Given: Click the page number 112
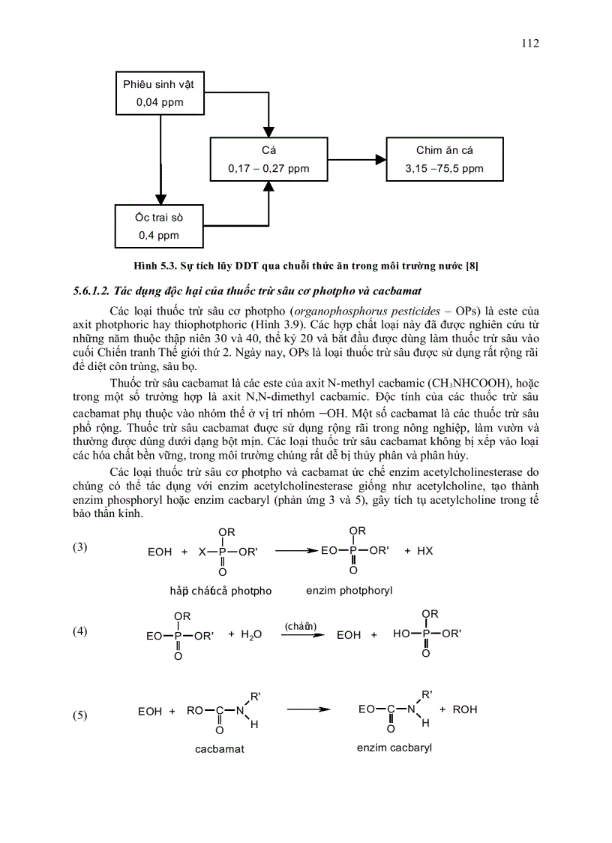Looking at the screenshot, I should point(529,44).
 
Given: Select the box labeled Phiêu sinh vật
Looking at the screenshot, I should point(159,94).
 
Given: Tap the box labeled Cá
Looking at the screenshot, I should point(268,160).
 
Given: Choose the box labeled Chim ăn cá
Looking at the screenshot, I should point(444,160).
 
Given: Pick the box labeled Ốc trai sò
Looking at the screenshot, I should point(159,226).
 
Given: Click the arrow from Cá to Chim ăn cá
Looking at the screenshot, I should point(356,160).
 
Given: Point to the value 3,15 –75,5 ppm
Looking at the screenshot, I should point(444,169).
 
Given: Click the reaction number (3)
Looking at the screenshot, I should point(80,547).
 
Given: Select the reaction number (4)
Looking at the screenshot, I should point(80,631).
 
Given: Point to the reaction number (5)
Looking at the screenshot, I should point(80,715).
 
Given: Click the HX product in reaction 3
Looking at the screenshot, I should point(424,551).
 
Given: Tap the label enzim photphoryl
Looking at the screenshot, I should point(349,591).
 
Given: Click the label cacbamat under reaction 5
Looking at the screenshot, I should point(219,749).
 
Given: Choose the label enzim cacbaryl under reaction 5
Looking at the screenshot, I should point(394,748).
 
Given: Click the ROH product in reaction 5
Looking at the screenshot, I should point(465,709).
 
